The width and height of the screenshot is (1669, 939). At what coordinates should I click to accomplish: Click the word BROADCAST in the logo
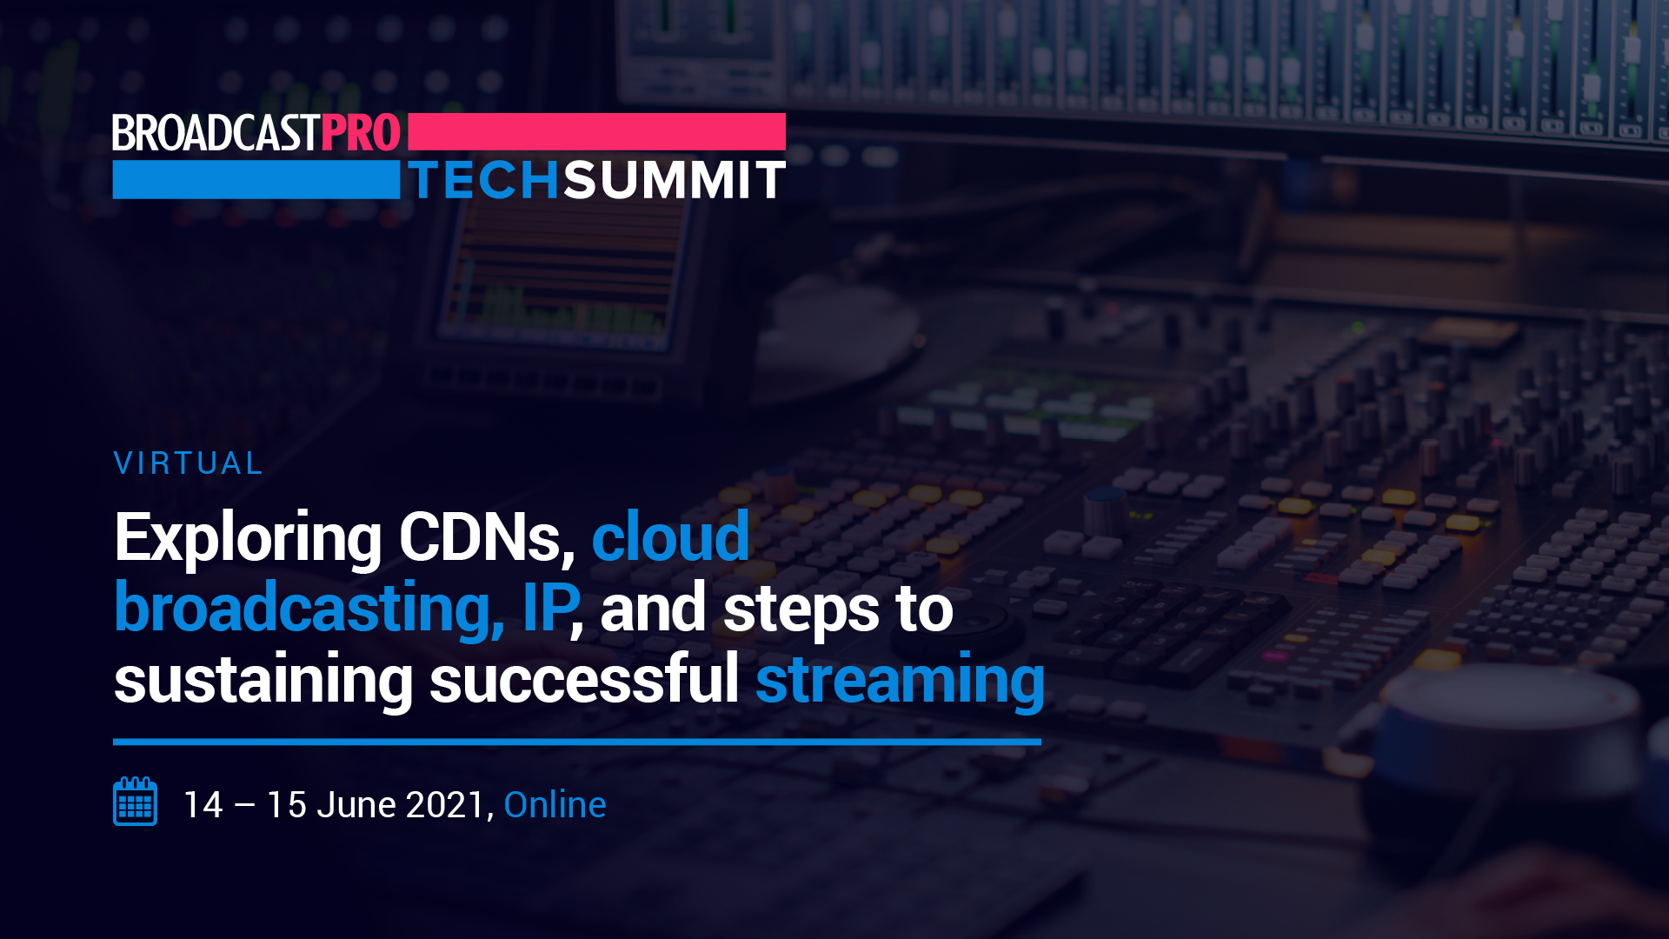coord(216,133)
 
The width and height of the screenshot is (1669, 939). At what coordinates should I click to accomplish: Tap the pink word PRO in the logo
coord(361,133)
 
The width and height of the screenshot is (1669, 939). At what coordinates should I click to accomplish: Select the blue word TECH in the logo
coord(484,180)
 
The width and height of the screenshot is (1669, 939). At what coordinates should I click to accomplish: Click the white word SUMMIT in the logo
coord(675,180)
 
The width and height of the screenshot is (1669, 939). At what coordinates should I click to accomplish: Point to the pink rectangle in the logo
coord(596,131)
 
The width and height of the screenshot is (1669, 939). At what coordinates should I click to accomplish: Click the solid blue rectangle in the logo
coord(256,179)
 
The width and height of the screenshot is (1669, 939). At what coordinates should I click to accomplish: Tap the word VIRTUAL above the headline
coord(188,463)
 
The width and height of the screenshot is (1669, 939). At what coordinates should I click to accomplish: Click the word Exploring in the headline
coord(249,539)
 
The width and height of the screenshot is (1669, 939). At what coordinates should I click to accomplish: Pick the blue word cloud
coord(670,536)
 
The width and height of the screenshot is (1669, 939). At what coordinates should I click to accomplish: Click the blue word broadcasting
coord(309,609)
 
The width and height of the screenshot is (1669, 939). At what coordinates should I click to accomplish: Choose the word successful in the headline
coord(584,678)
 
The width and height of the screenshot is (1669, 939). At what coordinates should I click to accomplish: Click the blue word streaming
coord(900,681)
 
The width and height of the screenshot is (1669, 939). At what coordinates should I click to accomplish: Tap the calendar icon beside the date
coord(135,801)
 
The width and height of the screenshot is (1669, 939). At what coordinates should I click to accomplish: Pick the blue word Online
coord(555,805)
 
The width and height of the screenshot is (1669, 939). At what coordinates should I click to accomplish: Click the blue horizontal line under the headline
coord(577,742)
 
